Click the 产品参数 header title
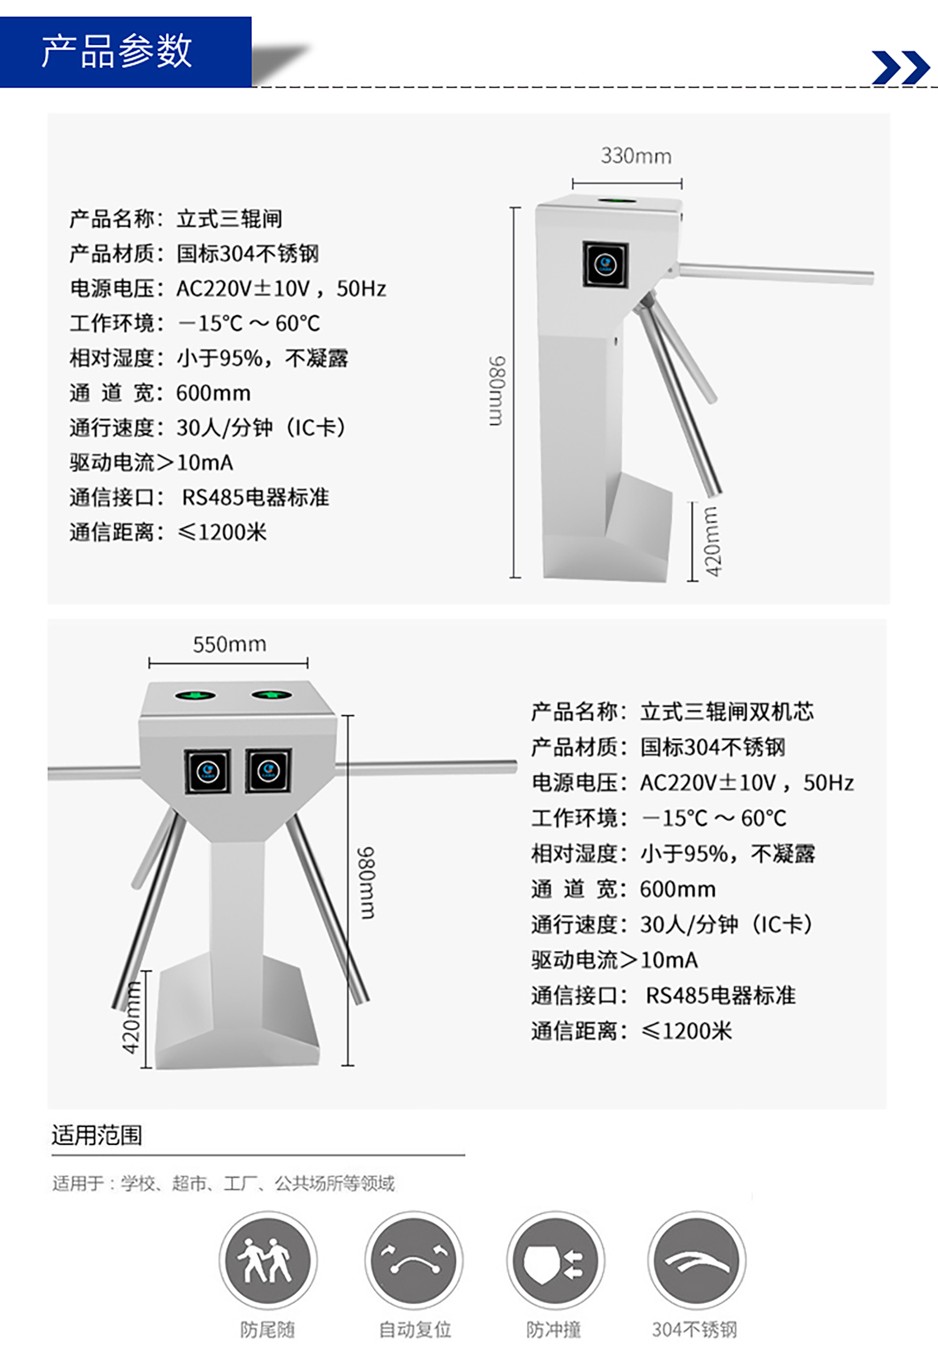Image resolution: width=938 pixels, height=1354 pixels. (x=116, y=51)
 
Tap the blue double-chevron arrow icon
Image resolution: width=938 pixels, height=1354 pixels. (x=900, y=67)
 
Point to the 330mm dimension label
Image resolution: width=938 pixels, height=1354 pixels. (x=636, y=156)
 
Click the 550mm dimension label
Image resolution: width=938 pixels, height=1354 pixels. (x=229, y=644)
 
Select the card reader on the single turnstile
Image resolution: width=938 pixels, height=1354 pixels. (x=605, y=265)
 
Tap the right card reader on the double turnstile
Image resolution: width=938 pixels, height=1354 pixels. (x=269, y=770)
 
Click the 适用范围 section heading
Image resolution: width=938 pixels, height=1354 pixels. (x=97, y=1135)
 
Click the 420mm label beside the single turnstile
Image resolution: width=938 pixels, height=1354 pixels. (x=712, y=541)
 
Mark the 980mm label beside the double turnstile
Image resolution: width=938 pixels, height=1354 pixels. (x=367, y=882)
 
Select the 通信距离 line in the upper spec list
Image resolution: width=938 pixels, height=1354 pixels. (x=168, y=532)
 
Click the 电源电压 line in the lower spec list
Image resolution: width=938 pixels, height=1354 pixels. (x=692, y=783)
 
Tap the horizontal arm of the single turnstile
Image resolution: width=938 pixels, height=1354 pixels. (x=776, y=274)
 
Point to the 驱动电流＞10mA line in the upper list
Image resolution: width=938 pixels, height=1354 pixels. (x=151, y=463)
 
